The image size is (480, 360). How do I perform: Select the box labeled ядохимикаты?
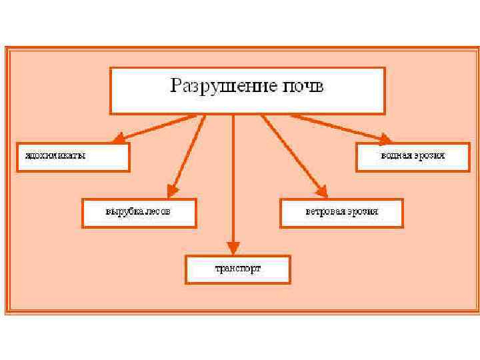(x=73, y=156)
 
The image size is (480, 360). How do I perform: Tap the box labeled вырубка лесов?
(x=139, y=212)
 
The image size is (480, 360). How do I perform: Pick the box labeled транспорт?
(x=237, y=269)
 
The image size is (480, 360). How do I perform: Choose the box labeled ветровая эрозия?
(x=341, y=212)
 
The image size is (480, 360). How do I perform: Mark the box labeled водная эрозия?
(x=413, y=156)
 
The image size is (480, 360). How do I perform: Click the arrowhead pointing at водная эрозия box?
(x=384, y=139)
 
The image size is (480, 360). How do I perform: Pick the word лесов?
(x=158, y=212)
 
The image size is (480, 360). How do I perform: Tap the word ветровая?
(x=325, y=212)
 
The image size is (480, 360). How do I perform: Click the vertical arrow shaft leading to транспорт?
(x=233, y=180)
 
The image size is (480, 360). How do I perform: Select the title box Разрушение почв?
(x=247, y=90)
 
